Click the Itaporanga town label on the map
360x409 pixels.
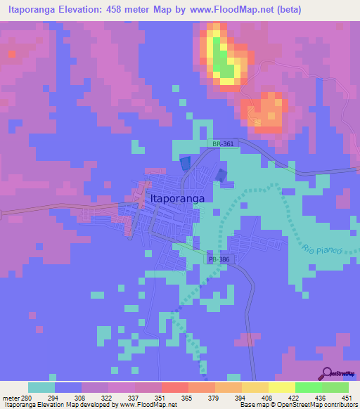pos(178,199)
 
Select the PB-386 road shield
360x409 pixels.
pos(219,259)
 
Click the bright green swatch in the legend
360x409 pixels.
pos(308,387)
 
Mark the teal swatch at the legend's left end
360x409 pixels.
pos(41,387)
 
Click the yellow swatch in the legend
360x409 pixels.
pos(281,387)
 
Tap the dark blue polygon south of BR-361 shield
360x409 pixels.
pos(186,163)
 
